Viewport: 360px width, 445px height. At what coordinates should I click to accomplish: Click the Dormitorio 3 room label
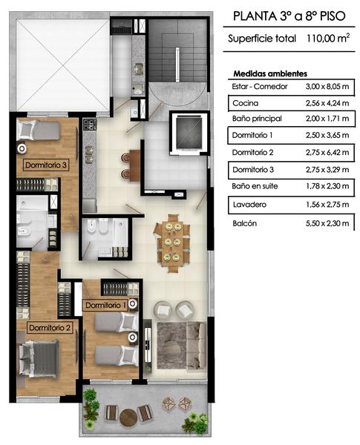click(x=46, y=165)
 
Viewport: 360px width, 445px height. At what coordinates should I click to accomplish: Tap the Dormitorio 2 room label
click(x=50, y=328)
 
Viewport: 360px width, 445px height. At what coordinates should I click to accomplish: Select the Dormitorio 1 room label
click(x=105, y=306)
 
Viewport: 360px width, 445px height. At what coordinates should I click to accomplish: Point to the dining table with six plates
click(x=172, y=243)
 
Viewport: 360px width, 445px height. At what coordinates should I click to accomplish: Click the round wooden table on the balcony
click(x=128, y=417)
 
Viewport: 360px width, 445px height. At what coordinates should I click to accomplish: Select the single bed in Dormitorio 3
click(x=38, y=131)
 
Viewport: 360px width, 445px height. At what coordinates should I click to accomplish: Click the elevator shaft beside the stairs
click(x=189, y=132)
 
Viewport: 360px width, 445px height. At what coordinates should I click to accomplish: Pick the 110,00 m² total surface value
click(x=328, y=39)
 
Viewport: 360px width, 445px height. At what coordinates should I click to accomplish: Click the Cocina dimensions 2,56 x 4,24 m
click(x=327, y=103)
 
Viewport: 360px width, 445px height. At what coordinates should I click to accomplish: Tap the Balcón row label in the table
click(x=244, y=223)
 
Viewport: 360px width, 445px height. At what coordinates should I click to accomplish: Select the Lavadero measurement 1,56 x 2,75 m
click(x=327, y=205)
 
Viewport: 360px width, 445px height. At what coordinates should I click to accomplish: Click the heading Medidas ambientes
click(x=270, y=73)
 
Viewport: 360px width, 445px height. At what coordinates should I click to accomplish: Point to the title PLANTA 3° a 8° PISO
click(x=289, y=16)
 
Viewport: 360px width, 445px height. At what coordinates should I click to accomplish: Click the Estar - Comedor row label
click(x=259, y=86)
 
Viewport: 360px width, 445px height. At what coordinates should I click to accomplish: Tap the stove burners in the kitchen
click(x=90, y=125)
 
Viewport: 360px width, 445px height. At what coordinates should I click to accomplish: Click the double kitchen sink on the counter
click(x=90, y=155)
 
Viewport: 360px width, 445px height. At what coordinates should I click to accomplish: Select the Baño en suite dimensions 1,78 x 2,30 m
click(x=327, y=186)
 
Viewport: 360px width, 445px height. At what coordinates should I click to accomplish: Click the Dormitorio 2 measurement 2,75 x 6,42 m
click(x=327, y=152)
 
